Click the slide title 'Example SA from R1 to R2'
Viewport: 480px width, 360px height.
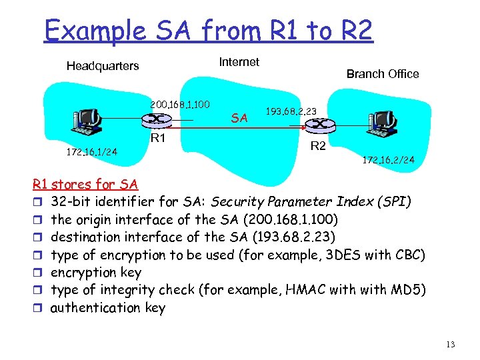click(x=208, y=30)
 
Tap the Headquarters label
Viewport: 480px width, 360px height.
click(x=103, y=66)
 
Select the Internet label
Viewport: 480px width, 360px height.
click(x=239, y=62)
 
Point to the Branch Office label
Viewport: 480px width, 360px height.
click(x=383, y=74)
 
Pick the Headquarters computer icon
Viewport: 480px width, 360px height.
click(x=87, y=121)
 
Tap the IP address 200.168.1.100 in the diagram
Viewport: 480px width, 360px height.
click(x=180, y=105)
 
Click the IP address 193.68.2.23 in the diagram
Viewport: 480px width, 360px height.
click(x=291, y=111)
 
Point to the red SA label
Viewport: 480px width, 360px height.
click(x=239, y=119)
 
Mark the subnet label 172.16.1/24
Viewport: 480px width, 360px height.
click(x=91, y=153)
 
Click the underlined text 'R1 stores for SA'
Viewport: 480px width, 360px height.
click(x=85, y=184)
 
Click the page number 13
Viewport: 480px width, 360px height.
click(x=451, y=345)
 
